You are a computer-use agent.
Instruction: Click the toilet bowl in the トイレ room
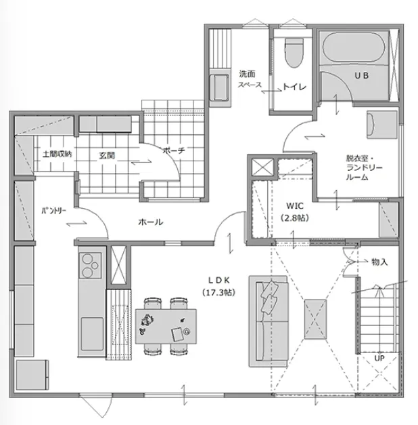click(x=294, y=53)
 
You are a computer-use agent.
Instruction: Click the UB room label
click(x=361, y=76)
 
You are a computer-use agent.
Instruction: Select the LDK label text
click(x=218, y=280)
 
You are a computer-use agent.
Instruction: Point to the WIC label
click(x=295, y=206)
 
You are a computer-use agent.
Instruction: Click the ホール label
click(x=151, y=222)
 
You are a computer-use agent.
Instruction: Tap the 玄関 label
click(x=107, y=155)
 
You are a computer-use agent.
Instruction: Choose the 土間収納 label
click(x=57, y=155)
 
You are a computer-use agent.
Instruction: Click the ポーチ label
click(x=174, y=150)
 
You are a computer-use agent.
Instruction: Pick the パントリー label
click(x=53, y=211)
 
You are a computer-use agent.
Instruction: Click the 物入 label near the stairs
click(x=379, y=262)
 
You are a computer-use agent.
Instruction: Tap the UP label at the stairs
click(x=379, y=358)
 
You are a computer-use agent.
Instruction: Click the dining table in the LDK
click(x=166, y=326)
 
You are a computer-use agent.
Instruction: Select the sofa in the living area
click(x=269, y=321)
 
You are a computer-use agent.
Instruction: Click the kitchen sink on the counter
click(x=92, y=334)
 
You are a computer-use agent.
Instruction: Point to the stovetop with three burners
click(x=91, y=266)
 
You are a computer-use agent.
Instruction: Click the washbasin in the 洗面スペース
click(x=220, y=87)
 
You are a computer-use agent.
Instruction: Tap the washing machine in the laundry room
click(x=382, y=125)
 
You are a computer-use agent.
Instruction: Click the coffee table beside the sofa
click(x=315, y=319)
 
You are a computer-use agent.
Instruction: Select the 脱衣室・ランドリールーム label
click(x=365, y=167)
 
